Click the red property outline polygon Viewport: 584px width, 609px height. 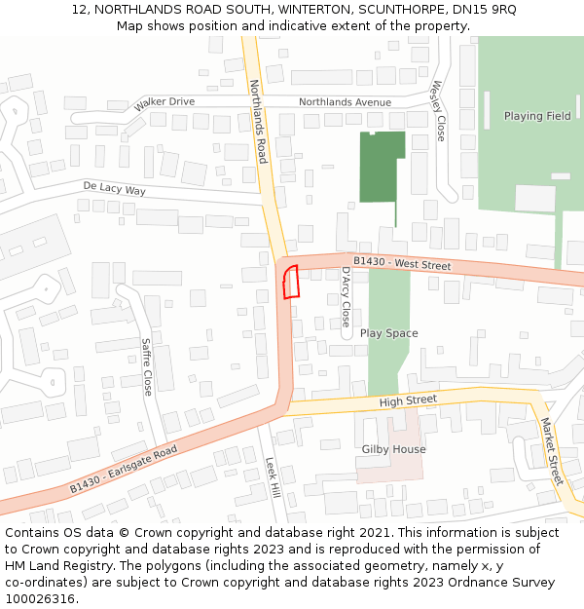[289, 282]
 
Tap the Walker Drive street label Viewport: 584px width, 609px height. [164, 101]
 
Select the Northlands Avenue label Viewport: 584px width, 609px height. [345, 101]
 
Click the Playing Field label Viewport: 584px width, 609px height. [537, 116]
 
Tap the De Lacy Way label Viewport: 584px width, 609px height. [114, 189]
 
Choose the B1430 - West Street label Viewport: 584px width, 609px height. [402, 264]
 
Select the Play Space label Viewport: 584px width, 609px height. [388, 333]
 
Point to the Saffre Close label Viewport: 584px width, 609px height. [147, 366]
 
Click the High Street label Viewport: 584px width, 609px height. [408, 400]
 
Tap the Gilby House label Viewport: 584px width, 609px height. [393, 449]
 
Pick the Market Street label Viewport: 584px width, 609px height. [551, 451]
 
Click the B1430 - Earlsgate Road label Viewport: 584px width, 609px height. [123, 471]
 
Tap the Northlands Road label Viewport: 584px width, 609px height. [258, 121]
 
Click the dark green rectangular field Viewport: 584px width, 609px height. [382, 167]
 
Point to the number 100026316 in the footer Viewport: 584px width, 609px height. [39, 598]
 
